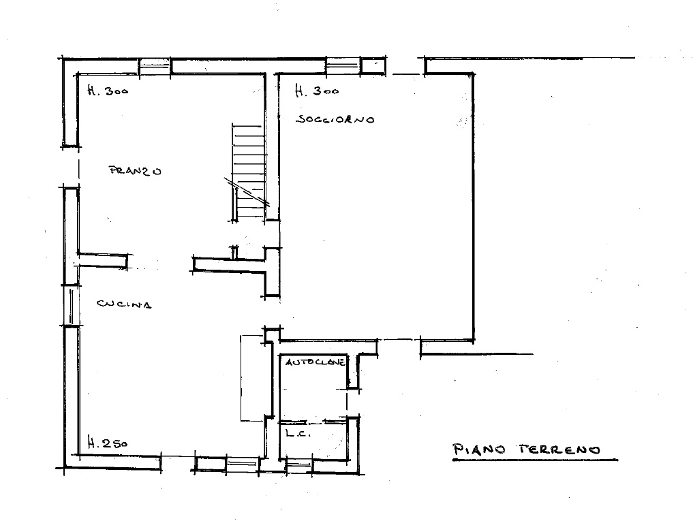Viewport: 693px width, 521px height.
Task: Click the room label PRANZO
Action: [135, 170]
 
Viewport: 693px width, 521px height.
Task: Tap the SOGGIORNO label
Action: [335, 119]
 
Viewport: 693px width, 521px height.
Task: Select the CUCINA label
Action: [124, 304]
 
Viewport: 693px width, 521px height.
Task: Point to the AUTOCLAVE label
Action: [315, 362]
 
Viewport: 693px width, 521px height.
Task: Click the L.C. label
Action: [298, 434]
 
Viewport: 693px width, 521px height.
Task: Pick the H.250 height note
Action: [108, 443]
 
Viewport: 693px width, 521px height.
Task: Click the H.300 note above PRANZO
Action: [108, 91]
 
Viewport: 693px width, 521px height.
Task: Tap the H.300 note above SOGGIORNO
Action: [317, 91]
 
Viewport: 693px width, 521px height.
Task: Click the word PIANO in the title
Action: [480, 450]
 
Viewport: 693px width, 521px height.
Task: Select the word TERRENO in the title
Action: [559, 450]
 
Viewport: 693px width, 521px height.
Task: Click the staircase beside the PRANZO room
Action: [249, 172]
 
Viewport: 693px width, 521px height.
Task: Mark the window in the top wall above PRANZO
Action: [155, 67]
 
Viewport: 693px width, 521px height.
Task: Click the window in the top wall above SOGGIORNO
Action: [343, 66]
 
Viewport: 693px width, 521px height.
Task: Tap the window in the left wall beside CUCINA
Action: [71, 305]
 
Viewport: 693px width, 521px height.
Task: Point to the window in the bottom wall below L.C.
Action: [298, 465]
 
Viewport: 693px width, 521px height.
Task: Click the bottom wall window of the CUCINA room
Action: [242, 464]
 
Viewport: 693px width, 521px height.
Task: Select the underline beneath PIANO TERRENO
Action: [535, 460]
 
